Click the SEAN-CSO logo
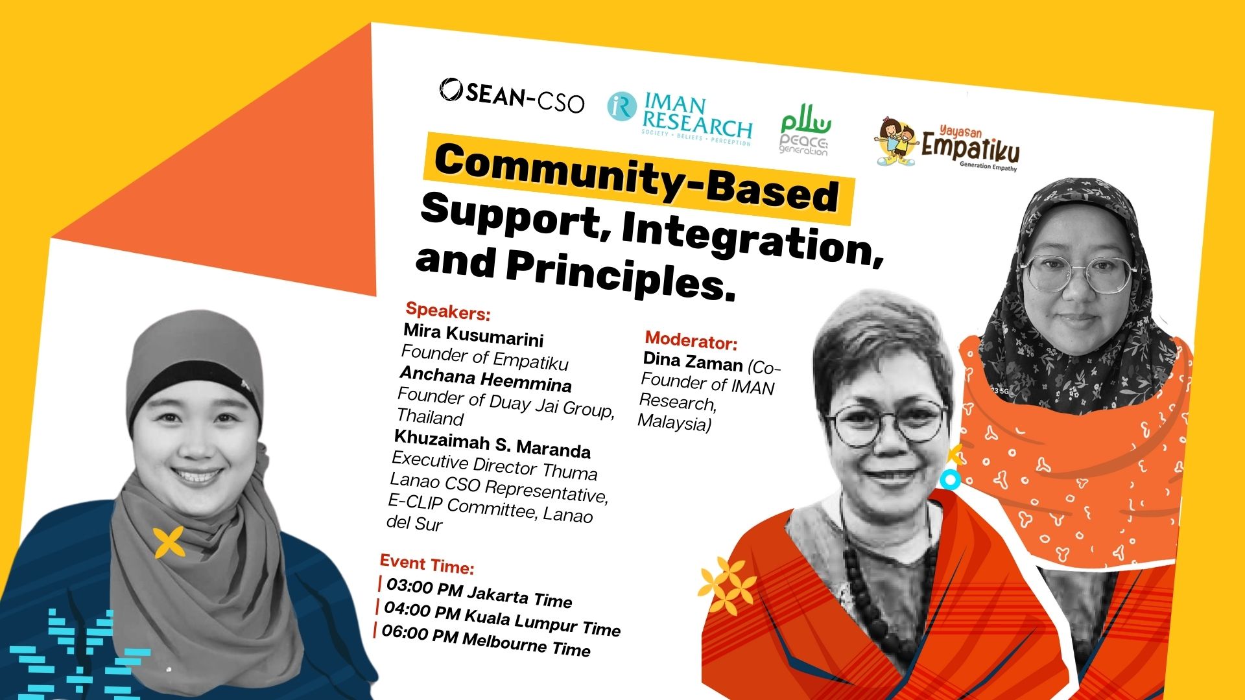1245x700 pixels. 512,97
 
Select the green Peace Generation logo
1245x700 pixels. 805,134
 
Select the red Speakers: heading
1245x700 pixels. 447,312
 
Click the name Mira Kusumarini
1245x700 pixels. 473,334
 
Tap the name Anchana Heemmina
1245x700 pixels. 485,379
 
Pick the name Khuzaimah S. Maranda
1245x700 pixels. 492,444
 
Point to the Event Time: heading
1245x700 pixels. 427,564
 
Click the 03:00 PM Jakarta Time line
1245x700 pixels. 479,592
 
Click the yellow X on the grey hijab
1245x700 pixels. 169,542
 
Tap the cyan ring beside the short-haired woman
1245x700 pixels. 950,480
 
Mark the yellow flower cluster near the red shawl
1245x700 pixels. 727,586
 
